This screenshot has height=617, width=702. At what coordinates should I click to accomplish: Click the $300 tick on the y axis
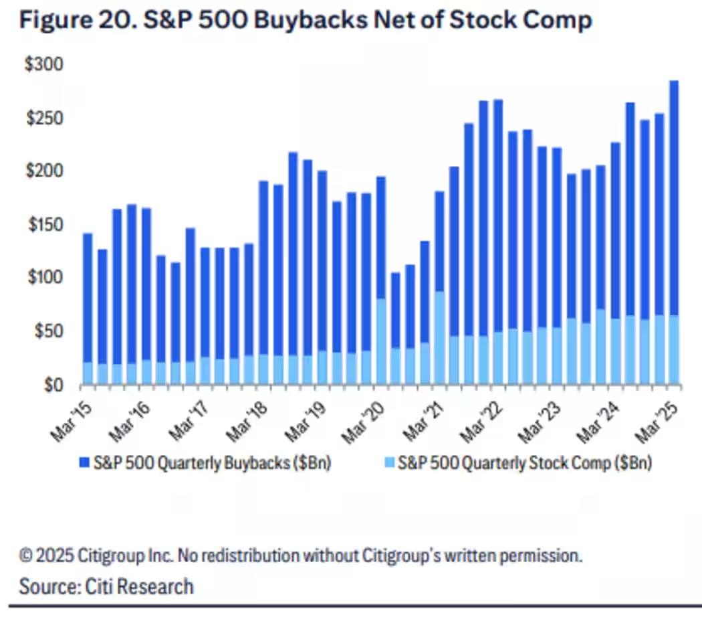43,65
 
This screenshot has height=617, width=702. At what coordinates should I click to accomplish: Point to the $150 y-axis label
43,225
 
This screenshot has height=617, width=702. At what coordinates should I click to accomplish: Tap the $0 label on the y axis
53,385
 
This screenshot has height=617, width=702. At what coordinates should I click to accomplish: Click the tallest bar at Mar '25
673,201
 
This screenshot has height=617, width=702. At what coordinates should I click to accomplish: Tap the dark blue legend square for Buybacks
84,463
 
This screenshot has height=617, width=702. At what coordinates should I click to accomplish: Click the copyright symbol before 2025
27,555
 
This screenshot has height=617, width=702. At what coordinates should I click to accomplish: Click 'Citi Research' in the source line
139,587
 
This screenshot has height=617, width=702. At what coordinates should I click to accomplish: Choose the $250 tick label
43,118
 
